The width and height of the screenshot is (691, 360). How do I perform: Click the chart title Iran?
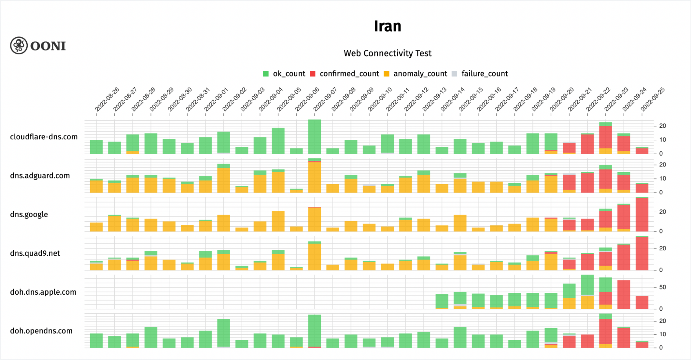tap(387, 26)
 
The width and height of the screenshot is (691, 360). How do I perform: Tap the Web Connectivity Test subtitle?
tap(387, 53)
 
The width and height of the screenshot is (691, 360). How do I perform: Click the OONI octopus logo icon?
tap(19, 46)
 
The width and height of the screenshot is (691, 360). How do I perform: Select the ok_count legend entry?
tap(284, 74)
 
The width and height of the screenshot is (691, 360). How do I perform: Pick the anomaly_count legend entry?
tap(415, 74)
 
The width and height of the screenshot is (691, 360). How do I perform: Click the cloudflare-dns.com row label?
tap(44, 137)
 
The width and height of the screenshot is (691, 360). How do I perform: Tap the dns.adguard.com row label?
tap(40, 176)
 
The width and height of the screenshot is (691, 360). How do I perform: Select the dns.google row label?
tap(29, 214)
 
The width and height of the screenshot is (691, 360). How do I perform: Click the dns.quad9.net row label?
tap(35, 253)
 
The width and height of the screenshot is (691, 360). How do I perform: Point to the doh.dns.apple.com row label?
tap(43, 292)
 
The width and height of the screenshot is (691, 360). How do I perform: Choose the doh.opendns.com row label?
tap(41, 331)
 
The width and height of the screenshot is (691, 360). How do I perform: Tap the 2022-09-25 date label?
tap(652, 100)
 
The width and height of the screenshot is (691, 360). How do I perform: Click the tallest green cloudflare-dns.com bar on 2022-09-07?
tap(315, 137)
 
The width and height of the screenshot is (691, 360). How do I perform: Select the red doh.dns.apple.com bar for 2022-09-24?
tap(624, 294)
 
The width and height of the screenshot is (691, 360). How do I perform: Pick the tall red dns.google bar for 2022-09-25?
tap(642, 215)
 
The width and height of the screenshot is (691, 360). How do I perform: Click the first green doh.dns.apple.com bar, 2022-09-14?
tap(442, 301)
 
